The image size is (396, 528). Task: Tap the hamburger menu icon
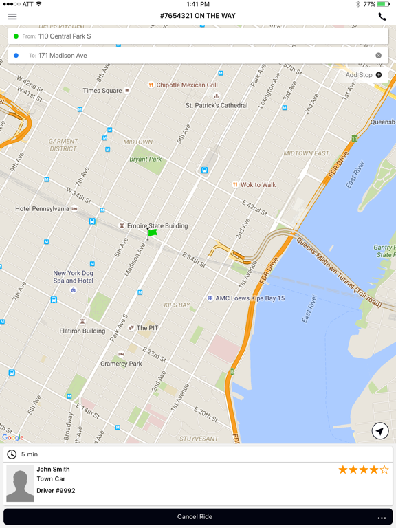pos(12,16)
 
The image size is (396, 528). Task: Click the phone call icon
pos(382,16)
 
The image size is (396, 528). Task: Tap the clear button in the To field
pos(378,56)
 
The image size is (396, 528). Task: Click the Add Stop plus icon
pos(379,75)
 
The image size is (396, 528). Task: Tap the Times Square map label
pos(102,91)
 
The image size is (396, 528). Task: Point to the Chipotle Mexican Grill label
pos(186,85)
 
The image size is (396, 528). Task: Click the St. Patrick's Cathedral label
pos(217,105)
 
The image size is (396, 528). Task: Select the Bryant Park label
pos(146,159)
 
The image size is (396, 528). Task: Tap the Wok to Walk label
pos(258,185)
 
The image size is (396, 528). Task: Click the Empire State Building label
pos(157,225)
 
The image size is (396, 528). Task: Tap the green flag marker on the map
pos(152,233)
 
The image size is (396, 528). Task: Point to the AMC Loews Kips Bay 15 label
pos(250,298)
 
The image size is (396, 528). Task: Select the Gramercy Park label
pos(121,364)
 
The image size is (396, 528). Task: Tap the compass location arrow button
pos(379,431)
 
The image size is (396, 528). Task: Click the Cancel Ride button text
pos(195,516)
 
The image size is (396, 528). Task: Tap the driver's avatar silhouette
pos(20,483)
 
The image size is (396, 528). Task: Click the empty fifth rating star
pos(384,470)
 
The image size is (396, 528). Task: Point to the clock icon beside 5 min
pos(12,454)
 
